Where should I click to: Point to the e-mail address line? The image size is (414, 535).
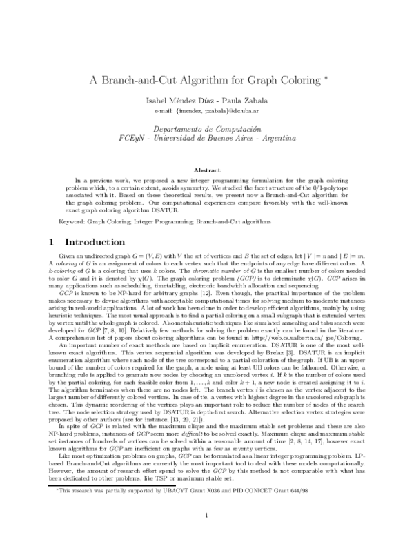click(x=206, y=110)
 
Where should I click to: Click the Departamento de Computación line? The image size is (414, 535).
click(x=207, y=129)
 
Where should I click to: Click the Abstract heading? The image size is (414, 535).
click(x=207, y=170)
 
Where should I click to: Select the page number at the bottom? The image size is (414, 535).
click(x=207, y=516)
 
